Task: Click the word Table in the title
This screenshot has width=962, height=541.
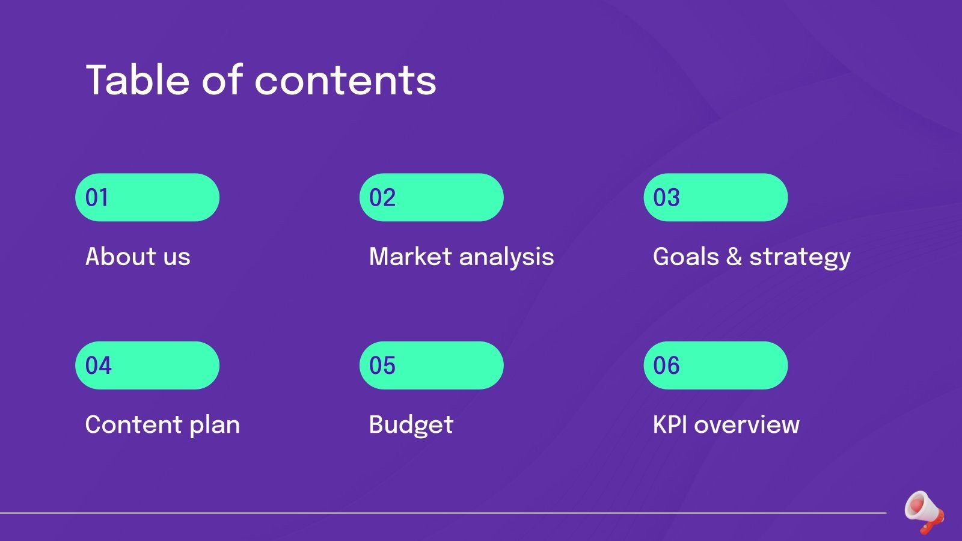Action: point(138,80)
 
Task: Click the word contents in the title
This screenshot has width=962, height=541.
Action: point(346,81)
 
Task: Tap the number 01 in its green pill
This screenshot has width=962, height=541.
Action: point(97,198)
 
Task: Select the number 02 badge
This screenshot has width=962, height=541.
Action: point(382,198)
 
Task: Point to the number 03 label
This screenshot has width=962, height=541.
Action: point(666,198)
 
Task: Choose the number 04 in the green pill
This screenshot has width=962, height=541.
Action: point(98,365)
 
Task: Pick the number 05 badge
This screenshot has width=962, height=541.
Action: point(382,365)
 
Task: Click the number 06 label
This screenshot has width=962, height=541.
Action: point(666,365)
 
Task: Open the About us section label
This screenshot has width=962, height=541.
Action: point(138,257)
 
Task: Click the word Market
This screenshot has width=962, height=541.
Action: point(410,257)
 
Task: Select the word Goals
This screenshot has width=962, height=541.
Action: point(686,257)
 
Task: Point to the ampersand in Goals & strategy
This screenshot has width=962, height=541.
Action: point(734,257)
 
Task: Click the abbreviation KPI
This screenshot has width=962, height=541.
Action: point(670,424)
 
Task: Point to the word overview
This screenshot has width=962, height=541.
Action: point(747,424)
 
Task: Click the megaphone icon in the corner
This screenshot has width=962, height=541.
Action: point(924,512)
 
